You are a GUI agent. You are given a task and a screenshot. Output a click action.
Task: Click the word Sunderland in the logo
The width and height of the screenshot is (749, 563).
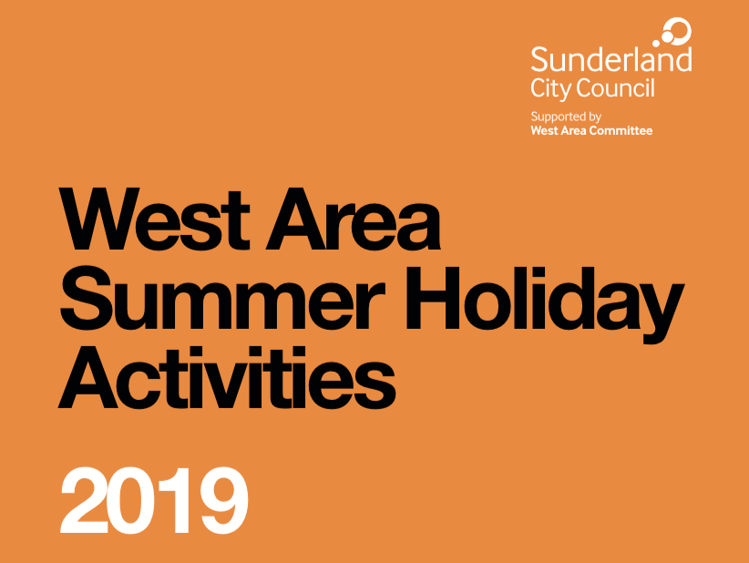click(x=610, y=59)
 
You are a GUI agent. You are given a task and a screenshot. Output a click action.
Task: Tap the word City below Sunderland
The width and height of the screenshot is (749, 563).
click(x=550, y=88)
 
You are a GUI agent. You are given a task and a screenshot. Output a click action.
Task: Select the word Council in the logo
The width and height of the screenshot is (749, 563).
click(x=615, y=87)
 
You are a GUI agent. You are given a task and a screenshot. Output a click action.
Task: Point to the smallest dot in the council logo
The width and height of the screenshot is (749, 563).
click(x=656, y=44)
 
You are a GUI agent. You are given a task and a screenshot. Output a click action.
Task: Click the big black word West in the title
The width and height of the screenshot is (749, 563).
click(x=154, y=220)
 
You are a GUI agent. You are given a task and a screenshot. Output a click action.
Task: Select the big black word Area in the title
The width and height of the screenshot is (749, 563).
click(x=353, y=220)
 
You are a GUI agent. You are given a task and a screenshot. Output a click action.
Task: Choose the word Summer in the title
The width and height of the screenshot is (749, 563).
click(x=222, y=299)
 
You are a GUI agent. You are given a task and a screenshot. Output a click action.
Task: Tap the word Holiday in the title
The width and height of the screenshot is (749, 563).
click(x=545, y=305)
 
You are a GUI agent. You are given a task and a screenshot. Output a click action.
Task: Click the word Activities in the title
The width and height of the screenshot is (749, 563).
click(x=227, y=377)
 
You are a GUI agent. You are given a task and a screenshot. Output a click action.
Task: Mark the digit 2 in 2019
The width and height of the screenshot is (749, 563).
click(x=84, y=500)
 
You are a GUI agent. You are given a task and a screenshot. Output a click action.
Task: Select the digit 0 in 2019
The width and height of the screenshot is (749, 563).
click(x=132, y=501)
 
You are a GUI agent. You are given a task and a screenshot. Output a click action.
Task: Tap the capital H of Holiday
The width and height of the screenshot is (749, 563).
click(x=434, y=299)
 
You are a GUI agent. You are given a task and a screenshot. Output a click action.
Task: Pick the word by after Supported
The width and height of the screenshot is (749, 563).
click(x=595, y=118)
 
